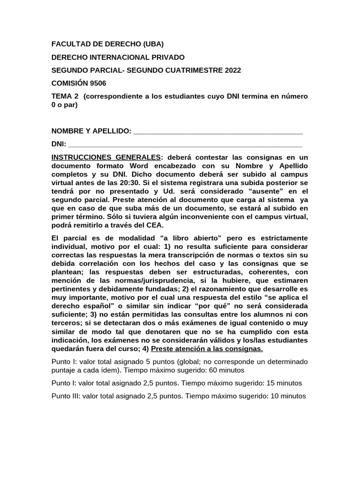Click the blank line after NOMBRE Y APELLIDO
(218, 131)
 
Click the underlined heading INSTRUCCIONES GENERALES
(105, 157)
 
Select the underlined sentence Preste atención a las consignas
(207, 349)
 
